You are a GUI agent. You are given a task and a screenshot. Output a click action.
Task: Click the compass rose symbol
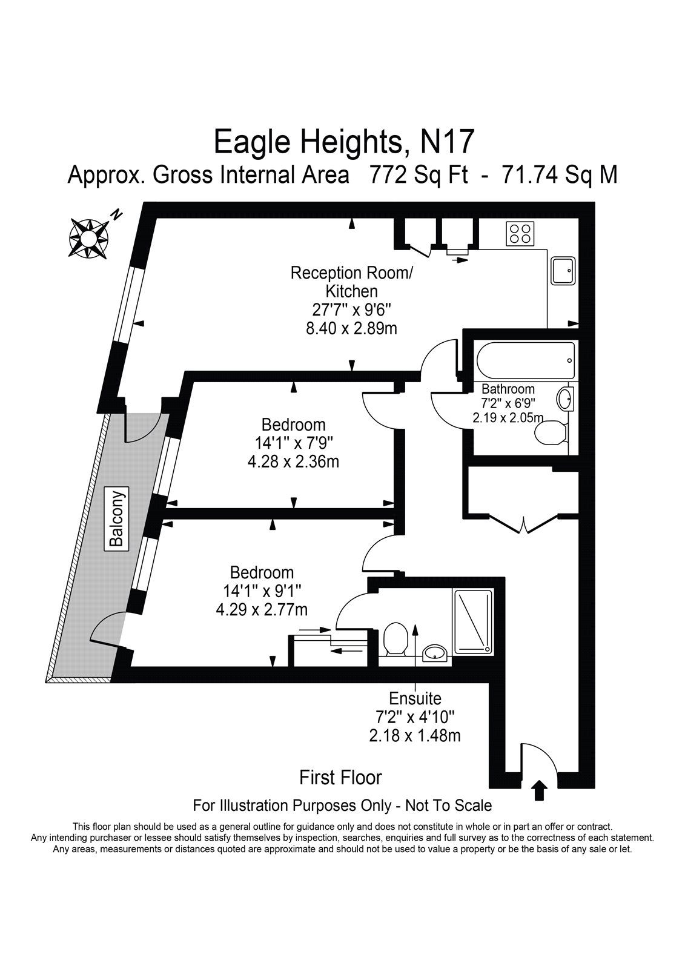(x=88, y=238)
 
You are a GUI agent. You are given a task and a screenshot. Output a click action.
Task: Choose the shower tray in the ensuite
(x=472, y=621)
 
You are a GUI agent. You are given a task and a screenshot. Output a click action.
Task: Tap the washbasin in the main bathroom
(x=566, y=399)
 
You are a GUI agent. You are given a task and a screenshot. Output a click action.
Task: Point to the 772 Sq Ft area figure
(x=418, y=175)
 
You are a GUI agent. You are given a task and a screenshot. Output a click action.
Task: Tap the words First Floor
(x=340, y=778)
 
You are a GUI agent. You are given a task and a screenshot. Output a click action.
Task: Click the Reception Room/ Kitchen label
(x=352, y=282)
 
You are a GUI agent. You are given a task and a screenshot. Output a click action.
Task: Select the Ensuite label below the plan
(x=415, y=699)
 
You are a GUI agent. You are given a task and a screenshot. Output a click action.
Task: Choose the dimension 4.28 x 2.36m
(x=293, y=463)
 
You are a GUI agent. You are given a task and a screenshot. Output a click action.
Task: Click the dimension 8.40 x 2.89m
(x=351, y=329)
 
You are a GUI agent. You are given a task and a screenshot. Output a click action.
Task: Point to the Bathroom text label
(x=508, y=389)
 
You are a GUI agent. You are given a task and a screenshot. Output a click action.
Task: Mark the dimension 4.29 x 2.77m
(x=262, y=610)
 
